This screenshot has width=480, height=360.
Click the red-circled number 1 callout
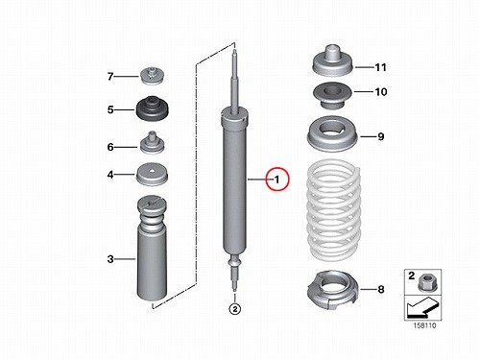coord(277,180)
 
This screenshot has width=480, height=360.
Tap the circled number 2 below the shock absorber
coord(235,309)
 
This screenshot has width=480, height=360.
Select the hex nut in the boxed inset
coord(425,283)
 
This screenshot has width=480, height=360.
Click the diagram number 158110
coord(424,325)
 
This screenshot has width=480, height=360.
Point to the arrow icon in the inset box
coord(421,307)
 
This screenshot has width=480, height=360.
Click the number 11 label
coord(380,67)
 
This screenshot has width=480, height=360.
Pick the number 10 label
coord(381,92)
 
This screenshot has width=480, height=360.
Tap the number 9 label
coord(381,136)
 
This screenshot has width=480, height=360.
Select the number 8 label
coord(381,289)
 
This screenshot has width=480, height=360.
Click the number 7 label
coord(110,77)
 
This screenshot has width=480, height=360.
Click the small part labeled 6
coord(153,143)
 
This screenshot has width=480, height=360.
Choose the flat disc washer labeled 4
coord(153,175)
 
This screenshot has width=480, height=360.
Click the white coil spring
coord(334,210)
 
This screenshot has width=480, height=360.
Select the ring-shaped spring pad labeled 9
coord(332,134)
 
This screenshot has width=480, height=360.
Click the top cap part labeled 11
coord(332,60)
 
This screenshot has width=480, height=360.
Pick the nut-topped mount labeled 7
coord(153,76)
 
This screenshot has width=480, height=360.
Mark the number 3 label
coord(110,258)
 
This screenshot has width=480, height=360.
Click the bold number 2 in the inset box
coord(411,276)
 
